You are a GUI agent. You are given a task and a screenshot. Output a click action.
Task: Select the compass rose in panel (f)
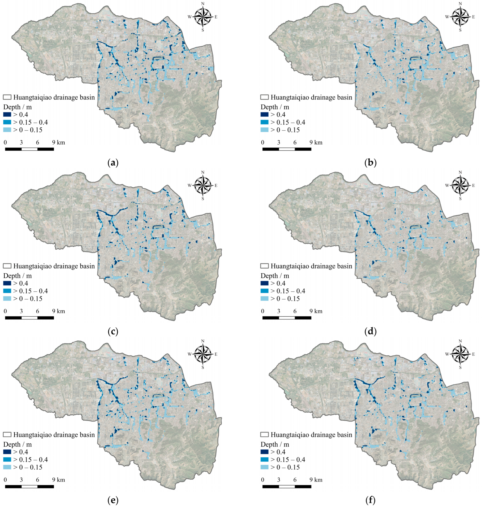pyautogui.click(x=460, y=354)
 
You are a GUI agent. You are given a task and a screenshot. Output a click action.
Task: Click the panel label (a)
pyautogui.click(x=113, y=163)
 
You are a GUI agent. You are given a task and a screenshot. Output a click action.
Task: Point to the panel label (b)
pyautogui.click(x=370, y=163)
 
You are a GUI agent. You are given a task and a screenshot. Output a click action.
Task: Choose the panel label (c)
pyautogui.click(x=113, y=331)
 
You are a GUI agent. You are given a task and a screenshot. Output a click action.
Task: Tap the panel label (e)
pyautogui.click(x=113, y=500)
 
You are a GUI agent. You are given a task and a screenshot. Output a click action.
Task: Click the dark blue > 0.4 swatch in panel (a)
pyautogui.click(x=7, y=115)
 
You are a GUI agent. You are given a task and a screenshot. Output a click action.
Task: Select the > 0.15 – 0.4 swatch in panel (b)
pyautogui.click(x=265, y=122)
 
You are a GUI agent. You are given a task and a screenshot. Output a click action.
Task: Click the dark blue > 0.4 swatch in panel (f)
pyautogui.click(x=265, y=452)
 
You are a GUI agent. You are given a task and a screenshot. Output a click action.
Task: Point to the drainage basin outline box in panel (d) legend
pyautogui.click(x=265, y=266)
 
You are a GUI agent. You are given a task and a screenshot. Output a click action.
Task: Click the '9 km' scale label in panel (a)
pyautogui.click(x=59, y=142)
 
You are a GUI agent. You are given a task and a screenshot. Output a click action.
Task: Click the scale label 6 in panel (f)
pyautogui.click(x=295, y=480)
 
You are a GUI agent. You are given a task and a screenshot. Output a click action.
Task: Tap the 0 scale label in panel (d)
pyautogui.click(x=263, y=311)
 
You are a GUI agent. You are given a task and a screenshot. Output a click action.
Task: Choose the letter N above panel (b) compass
pyautogui.click(x=460, y=4)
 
